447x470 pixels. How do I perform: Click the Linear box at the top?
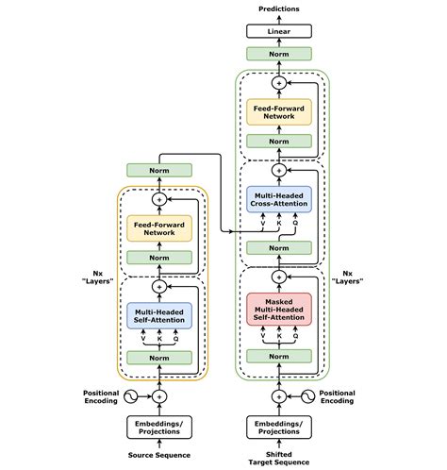point(278,31)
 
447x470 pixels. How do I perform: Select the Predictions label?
point(278,9)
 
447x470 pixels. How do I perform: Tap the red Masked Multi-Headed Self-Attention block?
point(278,308)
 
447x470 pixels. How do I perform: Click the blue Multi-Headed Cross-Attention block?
point(278,201)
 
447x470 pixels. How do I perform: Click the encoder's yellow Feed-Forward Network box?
point(159,227)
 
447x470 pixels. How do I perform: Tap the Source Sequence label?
point(159,456)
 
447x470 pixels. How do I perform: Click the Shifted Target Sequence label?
point(278,458)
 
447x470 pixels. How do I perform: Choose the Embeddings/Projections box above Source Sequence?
point(159,428)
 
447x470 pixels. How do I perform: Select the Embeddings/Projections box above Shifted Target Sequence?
point(278,428)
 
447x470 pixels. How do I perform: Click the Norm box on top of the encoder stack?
point(159,171)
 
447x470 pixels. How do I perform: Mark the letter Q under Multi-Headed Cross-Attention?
point(295,225)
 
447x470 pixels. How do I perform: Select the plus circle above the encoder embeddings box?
point(159,396)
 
